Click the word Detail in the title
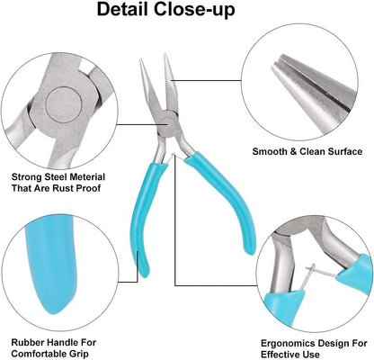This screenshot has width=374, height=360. click(123, 10)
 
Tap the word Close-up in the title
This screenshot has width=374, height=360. click(194, 11)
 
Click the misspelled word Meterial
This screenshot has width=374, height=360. click(87, 176)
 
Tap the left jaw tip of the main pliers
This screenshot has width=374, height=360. click(140, 59)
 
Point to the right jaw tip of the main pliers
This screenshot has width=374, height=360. click(165, 55)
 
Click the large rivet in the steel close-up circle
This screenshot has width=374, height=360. click(64, 105)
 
